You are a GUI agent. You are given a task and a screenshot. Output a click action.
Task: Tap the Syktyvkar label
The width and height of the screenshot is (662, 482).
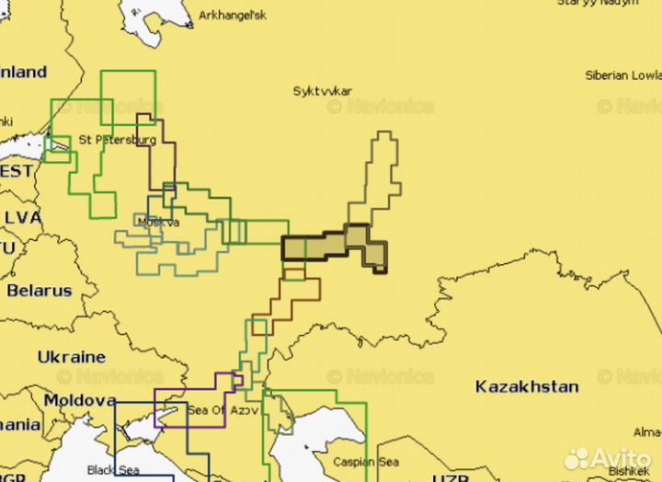coord(322,91)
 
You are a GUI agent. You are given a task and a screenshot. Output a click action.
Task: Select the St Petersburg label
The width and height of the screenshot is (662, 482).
coord(117,140)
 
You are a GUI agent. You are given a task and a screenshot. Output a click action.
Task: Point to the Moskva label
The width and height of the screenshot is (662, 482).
coord(157,222)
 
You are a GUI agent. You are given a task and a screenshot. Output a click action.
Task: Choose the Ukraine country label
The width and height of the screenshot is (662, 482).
coord(72,356)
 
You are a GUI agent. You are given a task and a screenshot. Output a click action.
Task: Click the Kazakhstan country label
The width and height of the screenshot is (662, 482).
coord(527,386)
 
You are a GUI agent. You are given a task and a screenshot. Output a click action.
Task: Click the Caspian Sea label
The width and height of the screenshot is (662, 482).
coord(366,462)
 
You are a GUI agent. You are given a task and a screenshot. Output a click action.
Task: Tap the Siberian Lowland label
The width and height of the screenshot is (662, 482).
coord(623,75)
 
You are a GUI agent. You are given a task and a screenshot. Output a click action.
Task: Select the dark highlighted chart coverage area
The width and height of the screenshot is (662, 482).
coord(331,246)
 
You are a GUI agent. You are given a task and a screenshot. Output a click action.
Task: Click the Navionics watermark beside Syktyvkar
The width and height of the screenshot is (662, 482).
coord(381,107)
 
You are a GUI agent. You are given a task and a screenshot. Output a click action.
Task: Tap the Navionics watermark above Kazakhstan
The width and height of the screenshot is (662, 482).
coord(381,376)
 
